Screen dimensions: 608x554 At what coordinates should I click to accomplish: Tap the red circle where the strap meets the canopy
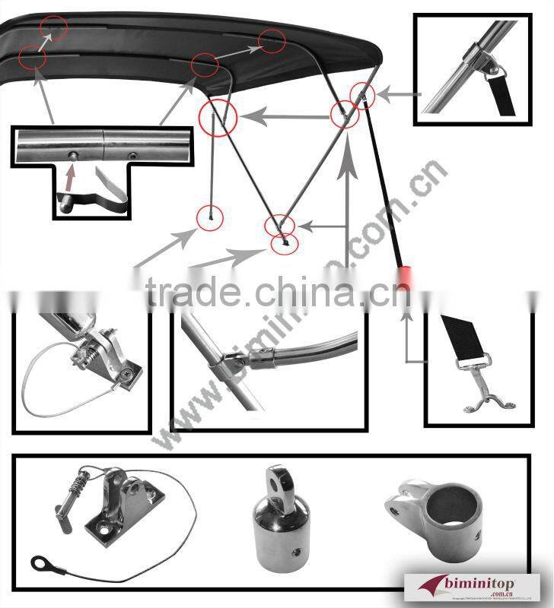coord(362,93)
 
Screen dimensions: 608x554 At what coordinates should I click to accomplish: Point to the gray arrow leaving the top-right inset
coord(399,95)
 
